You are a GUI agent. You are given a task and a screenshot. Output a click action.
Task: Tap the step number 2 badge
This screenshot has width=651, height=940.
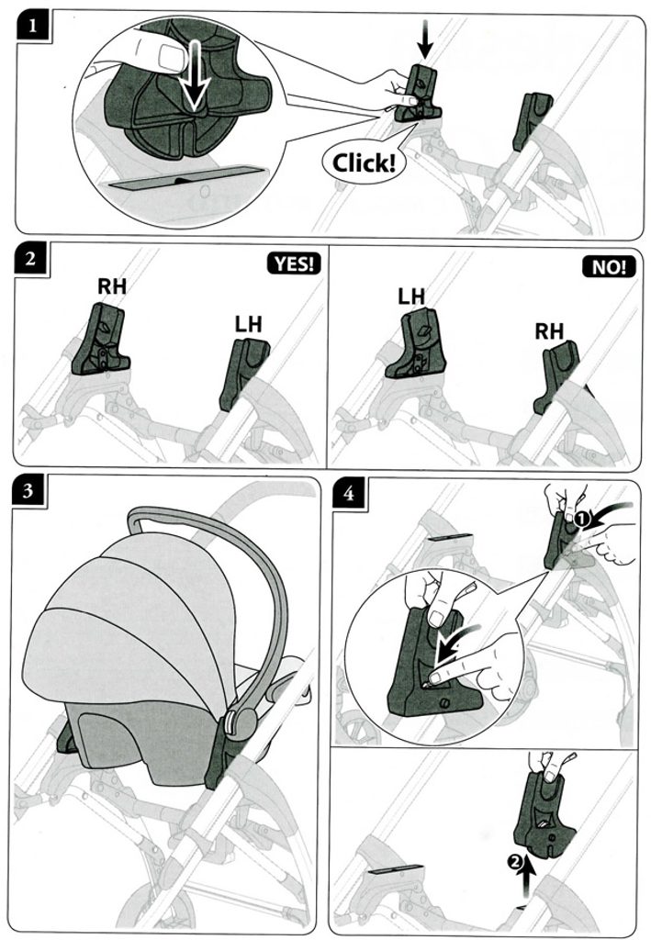30,260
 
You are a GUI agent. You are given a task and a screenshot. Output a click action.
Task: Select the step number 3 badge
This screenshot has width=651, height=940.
28,492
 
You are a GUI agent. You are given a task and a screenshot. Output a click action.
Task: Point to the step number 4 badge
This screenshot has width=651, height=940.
348,493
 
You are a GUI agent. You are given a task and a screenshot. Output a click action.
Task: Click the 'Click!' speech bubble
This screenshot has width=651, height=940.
364,162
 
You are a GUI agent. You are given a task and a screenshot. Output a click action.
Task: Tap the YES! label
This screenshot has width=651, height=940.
294,263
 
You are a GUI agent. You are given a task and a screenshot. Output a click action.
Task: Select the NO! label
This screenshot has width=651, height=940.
609,267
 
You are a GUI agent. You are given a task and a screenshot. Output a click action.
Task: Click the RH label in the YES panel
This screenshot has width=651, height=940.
112,286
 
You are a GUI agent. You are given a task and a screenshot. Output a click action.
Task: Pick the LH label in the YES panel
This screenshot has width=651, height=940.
248,324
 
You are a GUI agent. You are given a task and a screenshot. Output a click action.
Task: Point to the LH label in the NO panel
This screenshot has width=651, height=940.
411,297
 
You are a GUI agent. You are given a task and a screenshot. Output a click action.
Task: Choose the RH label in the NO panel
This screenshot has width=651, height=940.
549,330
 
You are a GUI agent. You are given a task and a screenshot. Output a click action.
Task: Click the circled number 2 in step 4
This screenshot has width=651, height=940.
513,861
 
